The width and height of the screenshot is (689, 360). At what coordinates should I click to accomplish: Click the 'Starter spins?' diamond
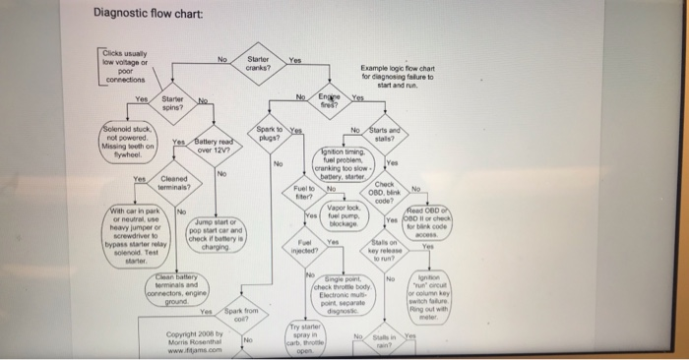(x=171, y=103)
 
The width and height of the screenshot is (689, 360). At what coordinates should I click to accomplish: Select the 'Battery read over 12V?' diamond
(x=214, y=148)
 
